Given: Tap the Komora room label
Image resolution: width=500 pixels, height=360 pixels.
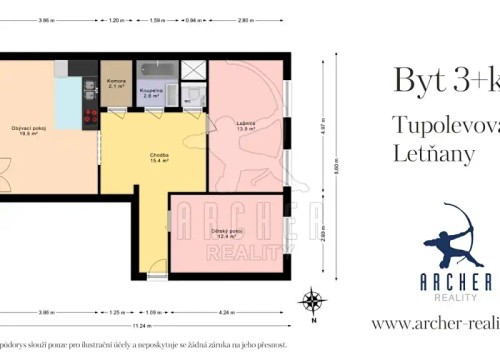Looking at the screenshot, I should click(x=115, y=83).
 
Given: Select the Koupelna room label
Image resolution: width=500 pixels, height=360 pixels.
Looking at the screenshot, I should click(x=151, y=91).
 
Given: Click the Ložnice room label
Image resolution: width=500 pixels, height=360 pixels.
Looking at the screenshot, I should click(x=247, y=125).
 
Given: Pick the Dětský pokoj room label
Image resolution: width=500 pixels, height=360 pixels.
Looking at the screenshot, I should click(x=229, y=233).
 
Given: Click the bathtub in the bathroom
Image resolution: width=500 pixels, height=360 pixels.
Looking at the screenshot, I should click(x=158, y=69).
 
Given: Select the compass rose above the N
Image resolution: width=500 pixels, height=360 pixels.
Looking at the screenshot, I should click(x=314, y=298).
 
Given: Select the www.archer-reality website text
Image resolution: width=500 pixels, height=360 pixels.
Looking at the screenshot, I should click(x=434, y=323).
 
